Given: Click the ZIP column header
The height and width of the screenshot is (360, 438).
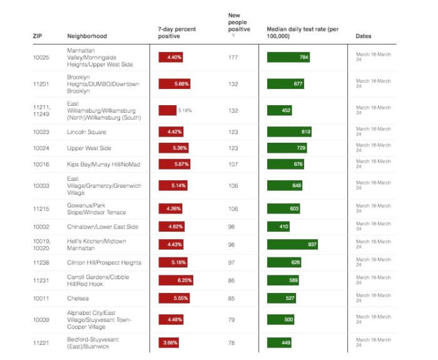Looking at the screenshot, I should pyautogui.click(x=37, y=36).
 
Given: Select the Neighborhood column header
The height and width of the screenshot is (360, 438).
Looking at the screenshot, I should pyautogui.click(x=87, y=36).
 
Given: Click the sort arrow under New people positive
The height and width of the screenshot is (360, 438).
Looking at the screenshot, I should pyautogui.click(x=233, y=36).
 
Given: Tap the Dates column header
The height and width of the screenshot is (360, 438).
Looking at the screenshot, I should pyautogui.click(x=364, y=36).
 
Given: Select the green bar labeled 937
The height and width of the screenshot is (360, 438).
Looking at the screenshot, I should pyautogui.click(x=292, y=244).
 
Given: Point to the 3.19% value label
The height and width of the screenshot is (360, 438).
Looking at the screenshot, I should pyautogui.click(x=185, y=110).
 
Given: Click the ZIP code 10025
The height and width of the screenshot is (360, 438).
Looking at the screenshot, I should pyautogui.click(x=41, y=58).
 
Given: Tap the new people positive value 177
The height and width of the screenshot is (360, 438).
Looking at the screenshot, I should pyautogui.click(x=234, y=58).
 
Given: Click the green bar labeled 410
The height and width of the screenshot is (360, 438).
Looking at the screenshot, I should pyautogui.click(x=279, y=226).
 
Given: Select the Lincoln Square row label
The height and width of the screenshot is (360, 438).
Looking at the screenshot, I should pyautogui.click(x=86, y=131).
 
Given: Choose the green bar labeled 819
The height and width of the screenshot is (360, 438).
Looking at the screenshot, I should pyautogui.click(x=289, y=131).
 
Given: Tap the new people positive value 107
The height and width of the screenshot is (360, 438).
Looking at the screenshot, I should pyautogui.click(x=234, y=164).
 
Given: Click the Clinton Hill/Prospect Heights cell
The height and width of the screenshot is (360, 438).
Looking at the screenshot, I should pyautogui.click(x=104, y=262).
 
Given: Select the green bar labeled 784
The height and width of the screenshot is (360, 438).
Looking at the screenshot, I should pyautogui.click(x=288, y=58).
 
